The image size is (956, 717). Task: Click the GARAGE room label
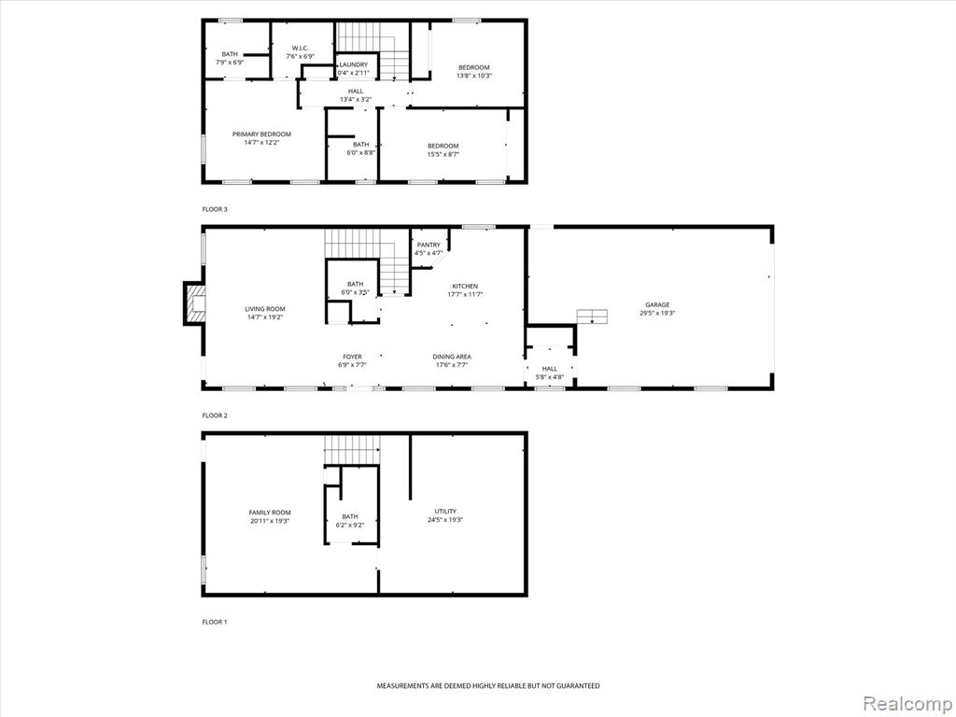click(657, 305)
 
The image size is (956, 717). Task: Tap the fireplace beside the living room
click(194, 303)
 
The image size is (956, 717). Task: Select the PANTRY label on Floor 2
click(429, 246)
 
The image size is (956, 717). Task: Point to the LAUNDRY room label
click(354, 64)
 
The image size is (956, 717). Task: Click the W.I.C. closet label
click(300, 49)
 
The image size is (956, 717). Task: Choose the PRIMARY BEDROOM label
click(261, 134)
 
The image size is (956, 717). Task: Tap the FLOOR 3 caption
click(215, 209)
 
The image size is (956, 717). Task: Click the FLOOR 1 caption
click(215, 622)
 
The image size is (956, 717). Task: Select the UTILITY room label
click(445, 512)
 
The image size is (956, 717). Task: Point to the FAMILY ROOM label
click(270, 513)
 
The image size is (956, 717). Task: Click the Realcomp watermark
click(907, 704)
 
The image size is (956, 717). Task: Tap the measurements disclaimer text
click(487, 686)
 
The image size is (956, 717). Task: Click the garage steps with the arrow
click(593, 316)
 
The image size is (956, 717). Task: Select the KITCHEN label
click(465, 286)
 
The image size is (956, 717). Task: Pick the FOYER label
click(352, 357)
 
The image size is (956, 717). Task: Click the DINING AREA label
click(452, 357)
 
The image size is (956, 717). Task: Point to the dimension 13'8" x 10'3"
click(473, 77)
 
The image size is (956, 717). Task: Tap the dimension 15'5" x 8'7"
click(443, 154)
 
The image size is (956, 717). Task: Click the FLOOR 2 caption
click(215, 415)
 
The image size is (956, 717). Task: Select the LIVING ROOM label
click(265, 309)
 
